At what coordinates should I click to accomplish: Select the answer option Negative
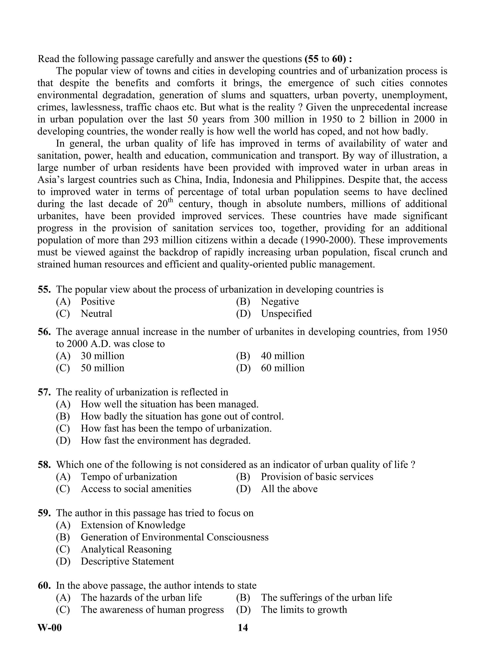(x=280, y=302)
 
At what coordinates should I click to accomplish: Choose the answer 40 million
(x=282, y=356)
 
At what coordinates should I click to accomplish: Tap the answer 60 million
(x=282, y=368)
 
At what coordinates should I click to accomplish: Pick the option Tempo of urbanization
(x=129, y=477)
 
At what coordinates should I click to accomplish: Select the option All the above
(x=289, y=489)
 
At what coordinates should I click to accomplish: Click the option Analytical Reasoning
(x=126, y=549)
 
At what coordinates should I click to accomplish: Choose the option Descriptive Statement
(x=127, y=561)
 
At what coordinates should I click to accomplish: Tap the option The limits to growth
(x=304, y=610)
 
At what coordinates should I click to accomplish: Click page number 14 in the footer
(x=243, y=628)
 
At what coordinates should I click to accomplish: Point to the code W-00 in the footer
(x=50, y=628)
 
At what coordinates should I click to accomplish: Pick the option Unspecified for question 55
(x=286, y=314)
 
